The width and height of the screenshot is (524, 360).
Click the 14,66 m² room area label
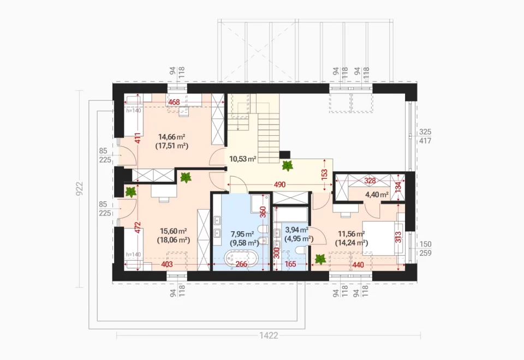172,136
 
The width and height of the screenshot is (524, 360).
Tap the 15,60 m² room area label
173,231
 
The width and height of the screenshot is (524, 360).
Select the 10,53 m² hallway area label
242,159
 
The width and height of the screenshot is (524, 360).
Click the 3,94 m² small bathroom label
297,230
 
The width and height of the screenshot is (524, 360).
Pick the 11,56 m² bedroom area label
351,234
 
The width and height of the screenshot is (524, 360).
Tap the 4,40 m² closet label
377,194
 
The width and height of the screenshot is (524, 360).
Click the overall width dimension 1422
269,335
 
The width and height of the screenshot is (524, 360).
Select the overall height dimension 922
79,189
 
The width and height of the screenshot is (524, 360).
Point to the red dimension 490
279,184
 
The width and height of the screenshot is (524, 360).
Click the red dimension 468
174,102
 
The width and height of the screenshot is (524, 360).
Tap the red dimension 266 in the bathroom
241,264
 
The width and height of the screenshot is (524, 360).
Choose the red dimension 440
358,265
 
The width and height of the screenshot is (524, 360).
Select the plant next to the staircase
287,166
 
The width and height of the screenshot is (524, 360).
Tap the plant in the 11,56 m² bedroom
320,259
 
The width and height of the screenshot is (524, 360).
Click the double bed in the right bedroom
383,237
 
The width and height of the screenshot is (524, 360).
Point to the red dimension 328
370,181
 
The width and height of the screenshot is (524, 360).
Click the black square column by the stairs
284,154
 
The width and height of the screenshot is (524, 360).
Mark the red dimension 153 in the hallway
324,175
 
